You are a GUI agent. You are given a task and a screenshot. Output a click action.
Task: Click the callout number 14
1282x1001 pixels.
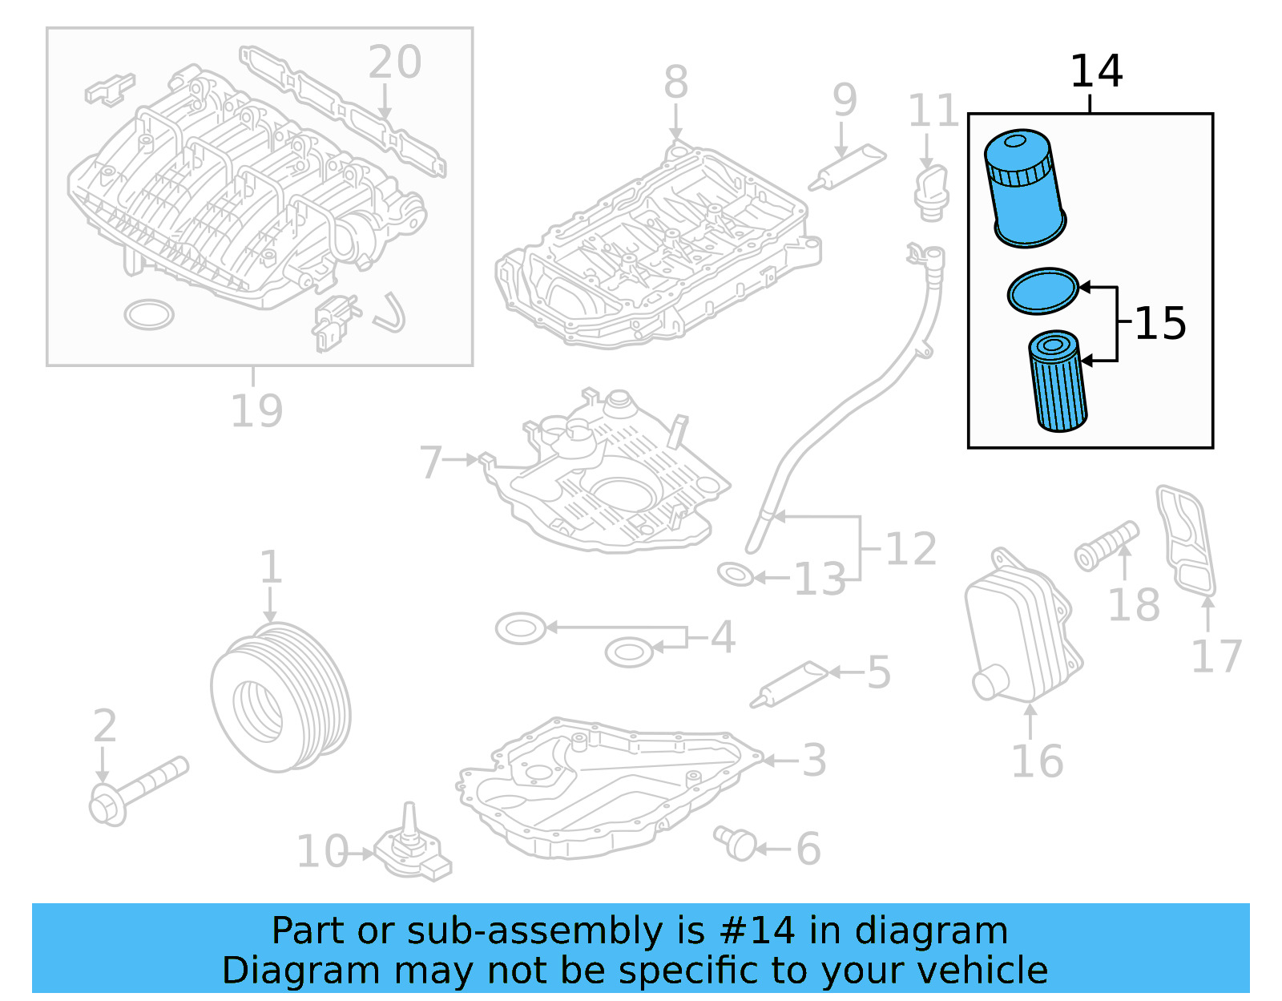1095,71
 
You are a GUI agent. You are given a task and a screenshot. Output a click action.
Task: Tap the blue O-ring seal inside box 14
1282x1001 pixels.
1042,291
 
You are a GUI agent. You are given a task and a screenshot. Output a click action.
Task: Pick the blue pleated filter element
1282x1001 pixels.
1058,382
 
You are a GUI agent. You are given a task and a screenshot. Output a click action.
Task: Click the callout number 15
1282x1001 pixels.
1159,324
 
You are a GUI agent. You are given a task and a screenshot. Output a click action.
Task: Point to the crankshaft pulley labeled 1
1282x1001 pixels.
280,697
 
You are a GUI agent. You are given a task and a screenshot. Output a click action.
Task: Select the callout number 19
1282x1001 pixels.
256,411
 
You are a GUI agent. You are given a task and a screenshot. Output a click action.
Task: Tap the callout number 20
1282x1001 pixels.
394,63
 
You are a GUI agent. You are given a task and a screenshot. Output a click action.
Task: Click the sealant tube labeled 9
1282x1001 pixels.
847,168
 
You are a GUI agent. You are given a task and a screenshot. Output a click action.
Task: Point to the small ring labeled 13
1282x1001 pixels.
735,574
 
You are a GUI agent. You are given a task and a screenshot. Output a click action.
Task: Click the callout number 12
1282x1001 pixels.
911,550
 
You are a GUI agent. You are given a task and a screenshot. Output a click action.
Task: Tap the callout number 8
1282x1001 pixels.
675,83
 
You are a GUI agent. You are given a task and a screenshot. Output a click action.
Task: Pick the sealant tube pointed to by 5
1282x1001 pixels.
789,684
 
